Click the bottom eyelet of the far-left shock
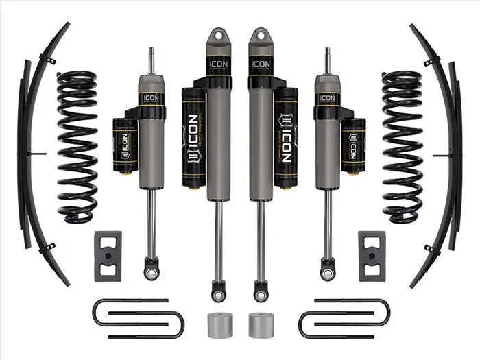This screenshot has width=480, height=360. point(152,272)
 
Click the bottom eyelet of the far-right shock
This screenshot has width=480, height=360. point(328,272)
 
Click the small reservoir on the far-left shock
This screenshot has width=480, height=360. point(125,144)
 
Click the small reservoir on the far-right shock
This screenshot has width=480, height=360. point(353,144)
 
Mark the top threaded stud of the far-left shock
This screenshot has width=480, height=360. point(151,58)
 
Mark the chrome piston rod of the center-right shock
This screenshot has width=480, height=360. point(261,240)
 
